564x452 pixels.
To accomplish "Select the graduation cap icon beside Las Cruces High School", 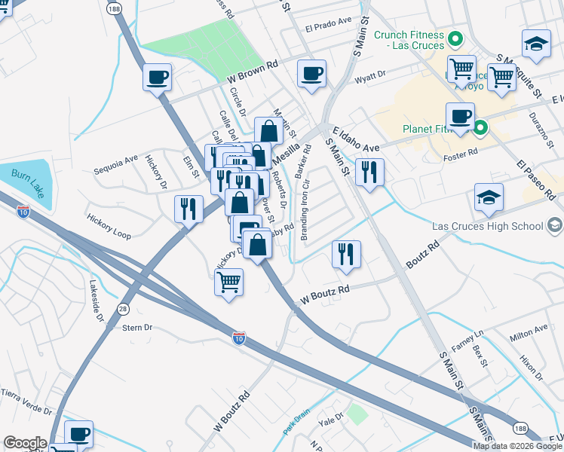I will click(489, 198).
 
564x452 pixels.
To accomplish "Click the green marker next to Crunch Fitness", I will click(455, 38).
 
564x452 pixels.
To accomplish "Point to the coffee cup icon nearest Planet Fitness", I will click(460, 117).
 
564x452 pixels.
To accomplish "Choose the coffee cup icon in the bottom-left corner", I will click(78, 434).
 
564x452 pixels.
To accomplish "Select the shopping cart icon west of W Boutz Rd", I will click(229, 282).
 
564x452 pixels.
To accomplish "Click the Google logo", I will click(25, 443).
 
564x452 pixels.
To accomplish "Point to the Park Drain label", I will click(298, 423).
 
